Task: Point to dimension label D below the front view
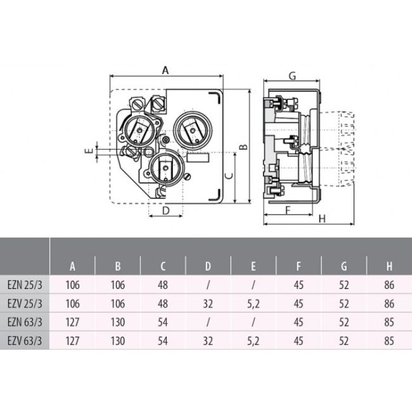[165, 210]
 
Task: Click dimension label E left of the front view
[89, 151]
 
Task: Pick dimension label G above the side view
[292, 76]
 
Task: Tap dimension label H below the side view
[321, 219]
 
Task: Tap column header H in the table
[389, 267]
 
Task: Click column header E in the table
[254, 267]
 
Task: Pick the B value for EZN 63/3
[118, 323]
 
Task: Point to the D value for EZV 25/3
[209, 304]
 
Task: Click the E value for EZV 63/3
[254, 340]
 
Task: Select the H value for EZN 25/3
[389, 286]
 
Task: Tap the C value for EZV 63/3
[163, 340]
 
